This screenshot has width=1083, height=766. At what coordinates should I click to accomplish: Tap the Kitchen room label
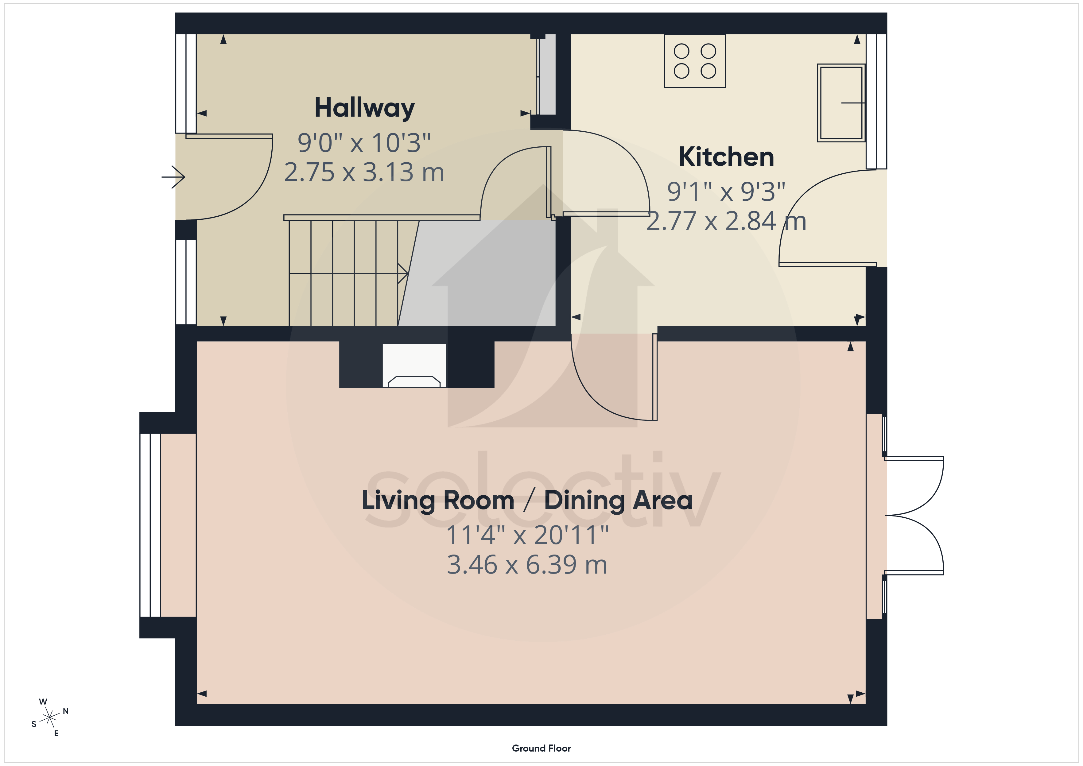726,157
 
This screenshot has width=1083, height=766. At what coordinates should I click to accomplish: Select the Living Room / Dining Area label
527,501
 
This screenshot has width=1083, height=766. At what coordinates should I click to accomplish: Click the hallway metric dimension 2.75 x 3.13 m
364,172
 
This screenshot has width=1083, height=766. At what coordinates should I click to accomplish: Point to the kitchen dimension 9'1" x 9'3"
726,191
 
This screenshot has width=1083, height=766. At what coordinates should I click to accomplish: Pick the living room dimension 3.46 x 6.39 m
527,565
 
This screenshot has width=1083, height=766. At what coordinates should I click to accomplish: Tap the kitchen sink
841,103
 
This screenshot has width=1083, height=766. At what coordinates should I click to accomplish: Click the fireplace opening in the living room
414,366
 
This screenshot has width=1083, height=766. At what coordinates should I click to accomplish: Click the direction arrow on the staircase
349,273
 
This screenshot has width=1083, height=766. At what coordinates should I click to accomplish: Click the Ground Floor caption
541,748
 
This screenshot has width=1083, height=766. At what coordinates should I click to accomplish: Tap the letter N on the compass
66,711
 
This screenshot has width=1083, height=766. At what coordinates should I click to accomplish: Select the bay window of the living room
150,525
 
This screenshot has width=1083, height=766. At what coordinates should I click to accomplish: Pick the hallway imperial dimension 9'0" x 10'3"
364,143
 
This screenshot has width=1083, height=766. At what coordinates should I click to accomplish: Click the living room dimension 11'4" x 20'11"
527,535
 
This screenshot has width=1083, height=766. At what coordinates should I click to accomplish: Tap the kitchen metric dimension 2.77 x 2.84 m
726,221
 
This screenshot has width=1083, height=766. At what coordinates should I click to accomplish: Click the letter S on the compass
34,724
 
